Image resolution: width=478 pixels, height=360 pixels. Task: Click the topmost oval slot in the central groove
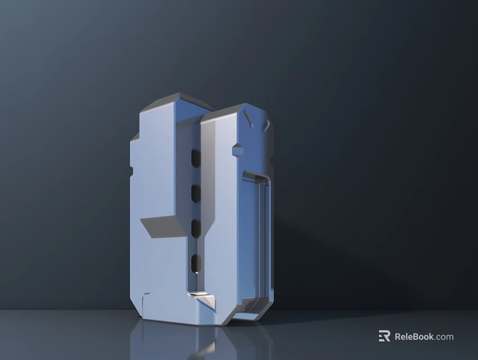click(x=196, y=158)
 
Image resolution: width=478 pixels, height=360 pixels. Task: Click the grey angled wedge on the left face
click(x=162, y=227)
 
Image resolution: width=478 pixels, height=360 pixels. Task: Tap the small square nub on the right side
click(x=237, y=150)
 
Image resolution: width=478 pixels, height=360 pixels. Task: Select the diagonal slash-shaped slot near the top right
click(x=247, y=118)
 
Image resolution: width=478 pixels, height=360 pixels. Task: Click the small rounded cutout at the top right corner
click(x=266, y=125)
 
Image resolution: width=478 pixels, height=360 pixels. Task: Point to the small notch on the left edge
click(x=132, y=170)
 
